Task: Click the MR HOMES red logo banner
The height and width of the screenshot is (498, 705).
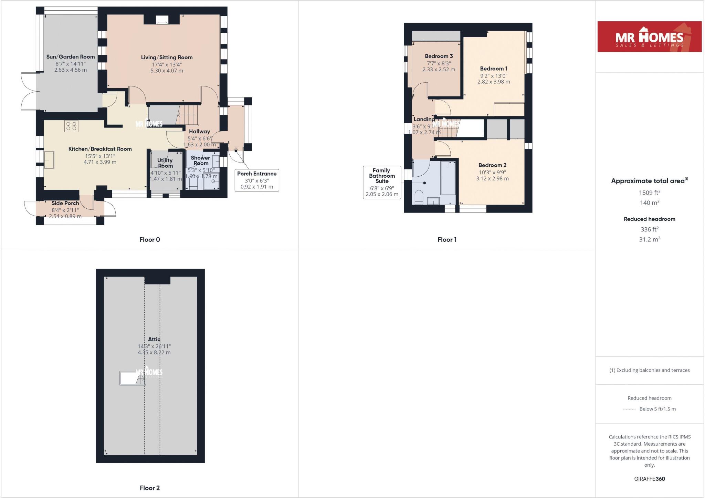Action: (649, 37)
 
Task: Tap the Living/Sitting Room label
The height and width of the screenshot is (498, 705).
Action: (167, 58)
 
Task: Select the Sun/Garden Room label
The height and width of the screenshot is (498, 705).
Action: (71, 57)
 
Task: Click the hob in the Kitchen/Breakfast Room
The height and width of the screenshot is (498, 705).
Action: (71, 126)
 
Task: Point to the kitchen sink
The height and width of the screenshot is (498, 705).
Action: (49, 160)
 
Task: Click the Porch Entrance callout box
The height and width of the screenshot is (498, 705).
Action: (257, 180)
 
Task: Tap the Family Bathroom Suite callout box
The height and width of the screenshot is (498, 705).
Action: (382, 182)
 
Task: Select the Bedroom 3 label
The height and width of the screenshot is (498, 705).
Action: (439, 56)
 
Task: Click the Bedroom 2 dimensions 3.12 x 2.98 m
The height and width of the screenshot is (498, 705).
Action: (492, 178)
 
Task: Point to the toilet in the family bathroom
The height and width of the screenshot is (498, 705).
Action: (419, 197)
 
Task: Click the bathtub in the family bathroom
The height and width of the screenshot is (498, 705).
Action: (448, 178)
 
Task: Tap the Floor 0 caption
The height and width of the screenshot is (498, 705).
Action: (149, 240)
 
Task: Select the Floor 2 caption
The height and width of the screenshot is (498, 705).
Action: (149, 488)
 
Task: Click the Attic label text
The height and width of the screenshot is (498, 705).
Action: (154, 340)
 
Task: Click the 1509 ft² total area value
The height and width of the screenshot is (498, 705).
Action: (649, 193)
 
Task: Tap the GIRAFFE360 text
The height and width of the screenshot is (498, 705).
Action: (649, 479)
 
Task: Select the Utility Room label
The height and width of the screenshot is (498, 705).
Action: (165, 163)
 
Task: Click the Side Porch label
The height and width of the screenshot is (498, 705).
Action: (65, 203)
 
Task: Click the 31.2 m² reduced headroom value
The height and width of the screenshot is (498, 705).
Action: (649, 239)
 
